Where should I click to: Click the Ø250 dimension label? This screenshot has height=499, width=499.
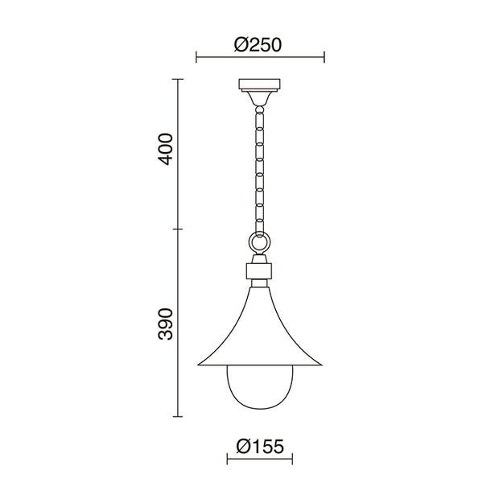(258, 45)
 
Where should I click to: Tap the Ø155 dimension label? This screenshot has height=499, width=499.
(260, 446)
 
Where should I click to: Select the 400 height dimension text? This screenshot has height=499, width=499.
(166, 149)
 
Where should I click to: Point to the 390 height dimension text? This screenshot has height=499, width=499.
(166, 324)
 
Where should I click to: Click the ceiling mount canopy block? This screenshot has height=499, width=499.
(260, 84)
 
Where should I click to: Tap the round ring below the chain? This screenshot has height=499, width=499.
(260, 243)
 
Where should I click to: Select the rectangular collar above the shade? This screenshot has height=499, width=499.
(259, 271)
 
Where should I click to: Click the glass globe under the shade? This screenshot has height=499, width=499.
(260, 386)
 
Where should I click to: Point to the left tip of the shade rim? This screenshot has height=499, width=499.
(198, 365)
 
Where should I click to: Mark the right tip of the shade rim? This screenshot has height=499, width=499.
(322, 365)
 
